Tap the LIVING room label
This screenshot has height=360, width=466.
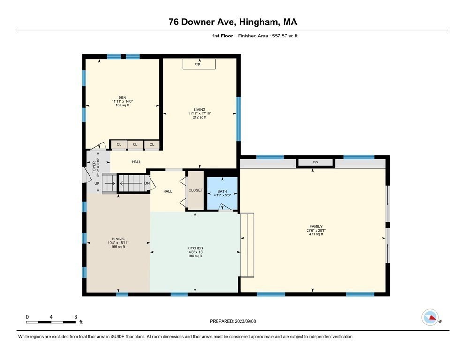point(199,110)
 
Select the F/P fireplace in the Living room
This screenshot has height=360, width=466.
point(199,65)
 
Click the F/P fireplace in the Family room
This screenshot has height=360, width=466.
point(315,163)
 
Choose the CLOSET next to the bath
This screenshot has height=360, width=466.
point(196,190)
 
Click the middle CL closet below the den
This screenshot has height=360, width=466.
point(135,145)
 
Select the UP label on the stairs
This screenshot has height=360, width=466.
point(97,183)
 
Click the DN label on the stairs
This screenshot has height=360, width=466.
point(147,183)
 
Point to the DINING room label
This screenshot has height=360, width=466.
point(118,239)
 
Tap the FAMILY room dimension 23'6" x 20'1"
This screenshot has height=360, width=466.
point(315,230)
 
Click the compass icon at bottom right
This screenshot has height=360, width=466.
point(430,317)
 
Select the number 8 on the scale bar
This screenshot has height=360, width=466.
point(75,317)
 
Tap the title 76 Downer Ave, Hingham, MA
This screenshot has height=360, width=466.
point(233,22)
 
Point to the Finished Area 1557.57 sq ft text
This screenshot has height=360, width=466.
point(267,36)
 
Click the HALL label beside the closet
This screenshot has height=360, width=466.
point(167,191)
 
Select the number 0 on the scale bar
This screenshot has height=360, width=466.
point(27,317)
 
